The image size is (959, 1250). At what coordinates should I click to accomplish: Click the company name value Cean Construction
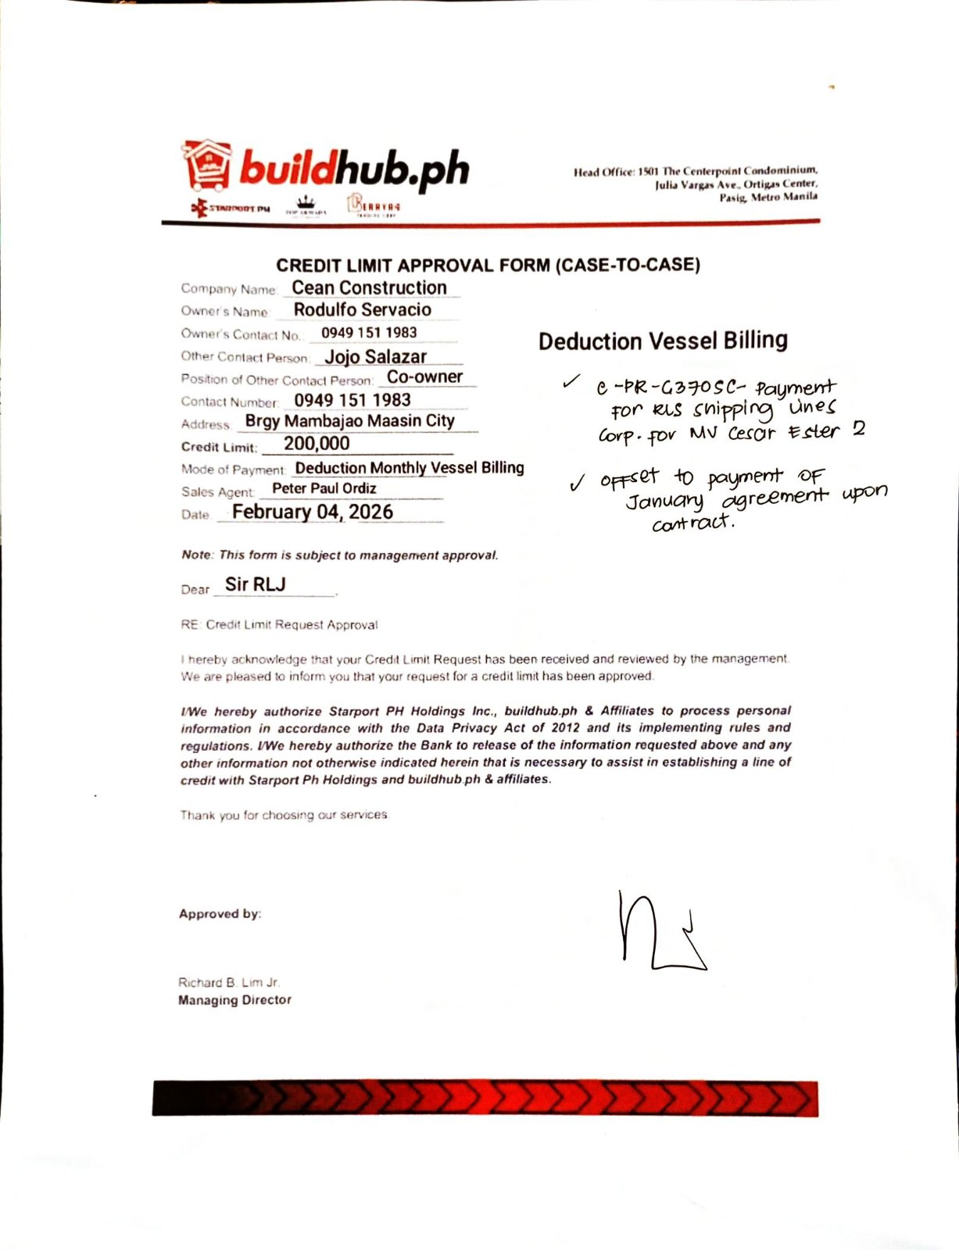tap(369, 288)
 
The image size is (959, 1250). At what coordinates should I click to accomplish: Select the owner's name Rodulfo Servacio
tap(362, 310)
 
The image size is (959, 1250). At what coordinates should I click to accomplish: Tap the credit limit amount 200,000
tap(317, 444)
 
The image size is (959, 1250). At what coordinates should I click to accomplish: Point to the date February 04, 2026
tap(313, 512)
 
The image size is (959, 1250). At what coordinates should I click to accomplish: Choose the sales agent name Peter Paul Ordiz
tap(324, 489)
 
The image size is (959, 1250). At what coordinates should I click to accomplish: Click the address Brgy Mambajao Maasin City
tap(349, 421)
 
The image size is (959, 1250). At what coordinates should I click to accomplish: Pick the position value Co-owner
tap(424, 377)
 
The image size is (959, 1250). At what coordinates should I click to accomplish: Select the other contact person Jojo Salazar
tap(375, 357)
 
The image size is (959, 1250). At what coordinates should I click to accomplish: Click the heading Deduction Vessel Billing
tap(663, 341)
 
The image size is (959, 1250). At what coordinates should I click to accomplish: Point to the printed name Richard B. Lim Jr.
tap(228, 983)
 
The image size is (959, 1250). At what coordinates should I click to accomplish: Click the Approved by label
tap(220, 914)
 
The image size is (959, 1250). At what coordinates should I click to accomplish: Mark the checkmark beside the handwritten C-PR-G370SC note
tap(571, 382)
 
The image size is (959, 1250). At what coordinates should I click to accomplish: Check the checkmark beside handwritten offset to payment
tap(578, 484)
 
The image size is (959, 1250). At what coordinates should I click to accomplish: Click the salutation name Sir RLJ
tap(255, 584)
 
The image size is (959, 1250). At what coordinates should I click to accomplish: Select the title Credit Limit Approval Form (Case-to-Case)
tap(488, 266)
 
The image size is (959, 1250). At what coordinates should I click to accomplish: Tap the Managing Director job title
tap(234, 1000)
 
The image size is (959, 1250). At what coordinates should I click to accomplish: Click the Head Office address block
tap(696, 184)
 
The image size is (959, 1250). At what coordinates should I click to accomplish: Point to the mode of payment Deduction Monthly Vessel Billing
tap(409, 468)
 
